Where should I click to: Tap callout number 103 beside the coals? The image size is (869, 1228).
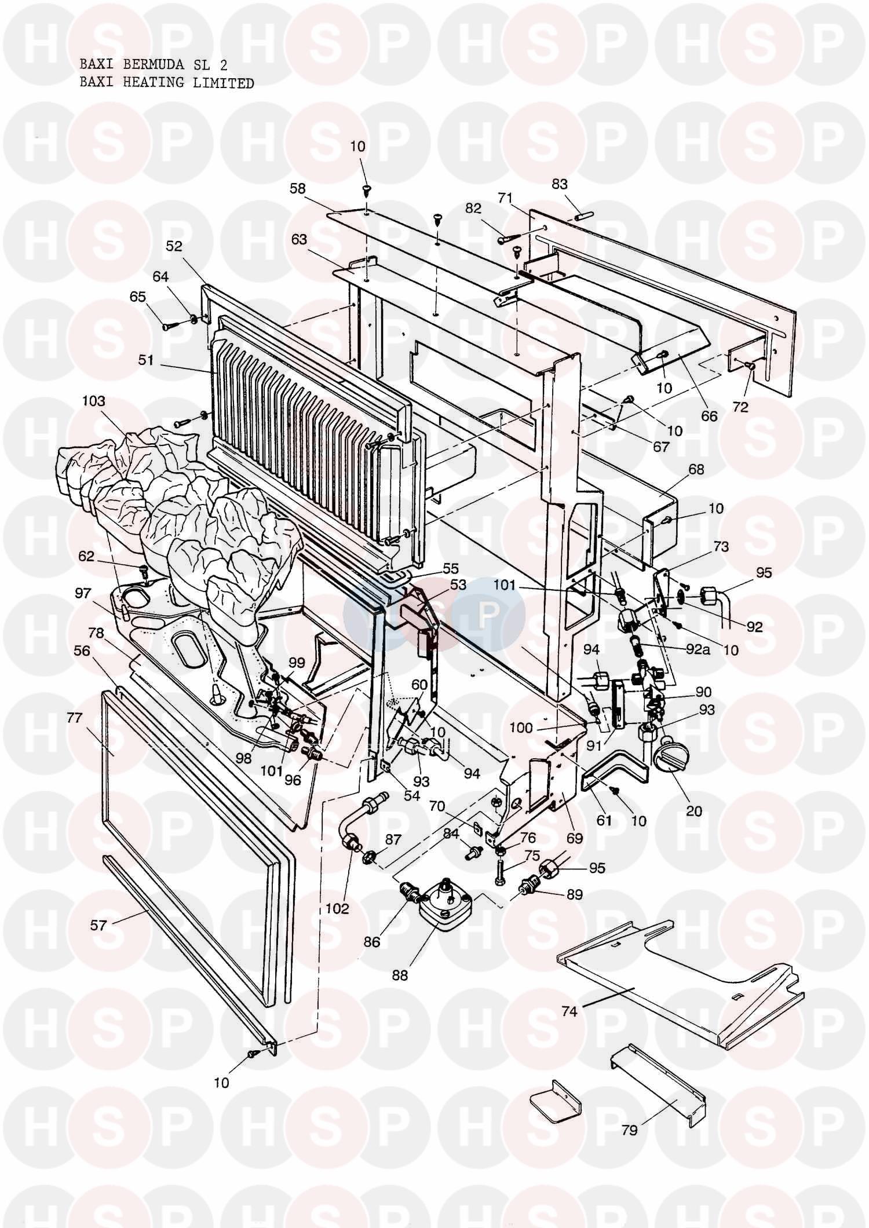(x=94, y=401)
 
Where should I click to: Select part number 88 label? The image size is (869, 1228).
(x=400, y=975)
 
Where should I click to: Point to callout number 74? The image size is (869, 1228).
(x=569, y=1011)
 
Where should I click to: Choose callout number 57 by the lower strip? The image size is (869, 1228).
(x=99, y=925)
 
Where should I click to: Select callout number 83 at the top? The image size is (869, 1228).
(x=560, y=184)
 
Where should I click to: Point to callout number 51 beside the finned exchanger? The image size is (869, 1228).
(x=146, y=360)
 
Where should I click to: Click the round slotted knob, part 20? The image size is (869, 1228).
(x=670, y=757)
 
